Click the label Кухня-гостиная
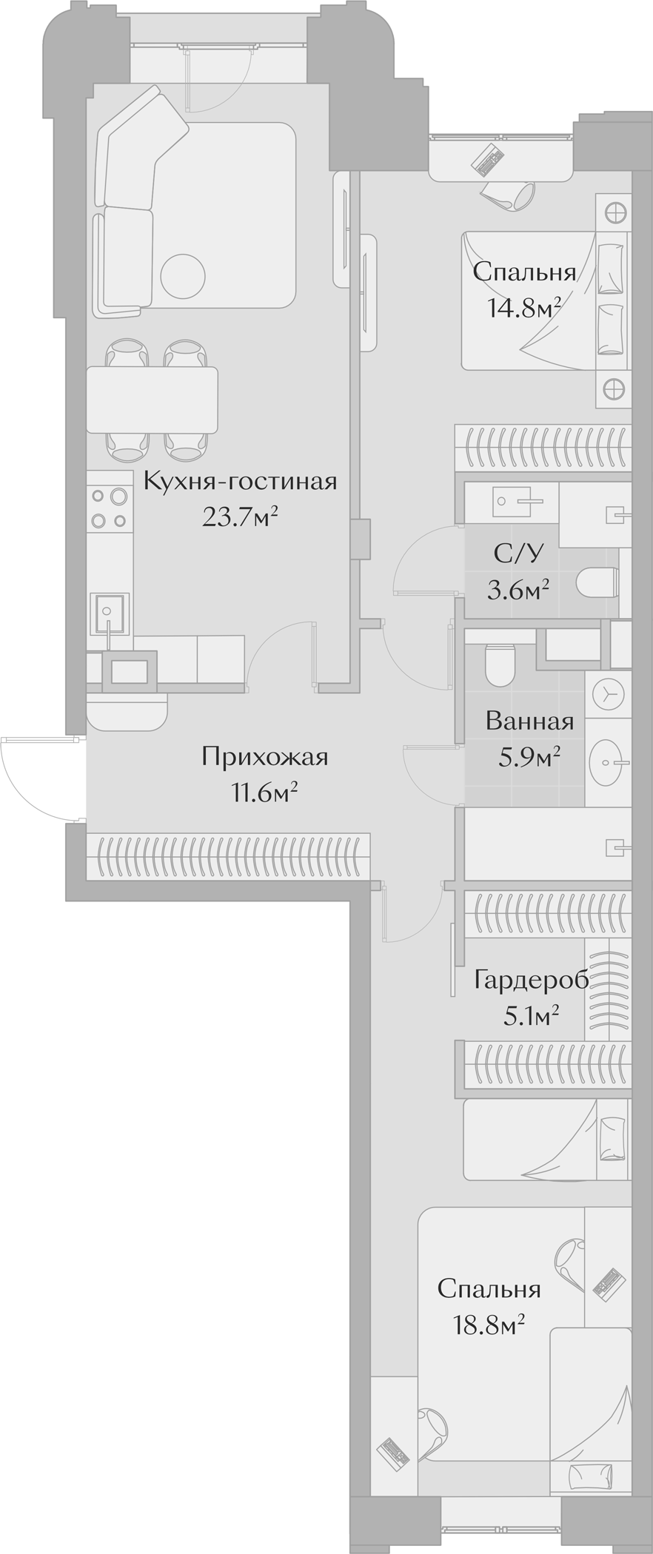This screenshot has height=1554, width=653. pyautogui.click(x=240, y=482)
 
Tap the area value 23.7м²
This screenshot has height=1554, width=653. pyautogui.click(x=240, y=517)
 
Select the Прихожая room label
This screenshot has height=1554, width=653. pyautogui.click(x=264, y=757)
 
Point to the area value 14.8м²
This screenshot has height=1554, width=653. pyautogui.click(x=523, y=306)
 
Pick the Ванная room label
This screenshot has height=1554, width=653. pyautogui.click(x=529, y=721)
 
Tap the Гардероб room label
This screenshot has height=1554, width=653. pyautogui.click(x=532, y=980)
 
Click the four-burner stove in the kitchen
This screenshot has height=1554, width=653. pyautogui.click(x=108, y=508)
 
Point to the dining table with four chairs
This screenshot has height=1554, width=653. pyautogui.click(x=152, y=400)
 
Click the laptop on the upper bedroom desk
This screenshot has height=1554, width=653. pyautogui.click(x=488, y=159)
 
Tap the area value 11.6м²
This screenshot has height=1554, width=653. pyautogui.click(x=264, y=793)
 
